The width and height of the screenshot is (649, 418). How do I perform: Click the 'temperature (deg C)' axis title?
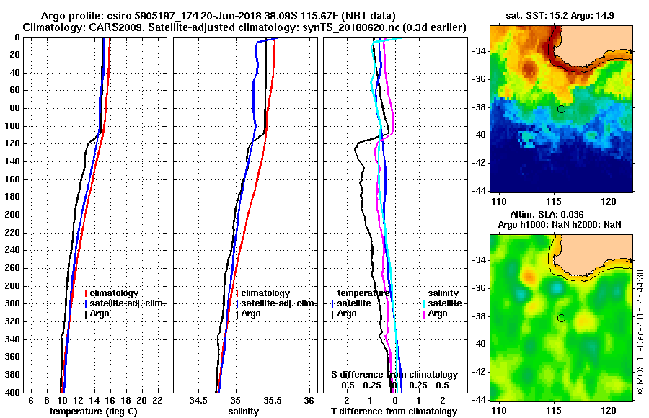[x=93, y=411]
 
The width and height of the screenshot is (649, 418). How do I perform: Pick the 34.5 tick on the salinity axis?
[x=198, y=400]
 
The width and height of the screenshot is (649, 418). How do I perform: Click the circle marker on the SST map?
[x=561, y=109]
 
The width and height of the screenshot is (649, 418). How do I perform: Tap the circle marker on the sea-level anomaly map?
[x=561, y=318]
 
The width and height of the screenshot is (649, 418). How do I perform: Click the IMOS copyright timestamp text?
[x=640, y=332]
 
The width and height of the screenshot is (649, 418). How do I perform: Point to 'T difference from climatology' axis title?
[x=394, y=411]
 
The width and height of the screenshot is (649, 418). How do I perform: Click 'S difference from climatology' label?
[x=394, y=375]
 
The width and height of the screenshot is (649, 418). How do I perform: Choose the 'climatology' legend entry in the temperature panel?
[x=114, y=293]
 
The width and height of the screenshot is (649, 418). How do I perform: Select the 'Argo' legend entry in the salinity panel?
[x=251, y=313]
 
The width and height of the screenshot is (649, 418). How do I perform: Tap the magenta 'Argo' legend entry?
[x=438, y=313]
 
